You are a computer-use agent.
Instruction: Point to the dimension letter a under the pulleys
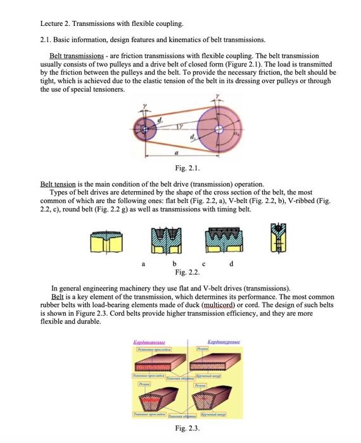point(178,153)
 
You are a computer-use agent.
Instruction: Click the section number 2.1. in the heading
point(48,39)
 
